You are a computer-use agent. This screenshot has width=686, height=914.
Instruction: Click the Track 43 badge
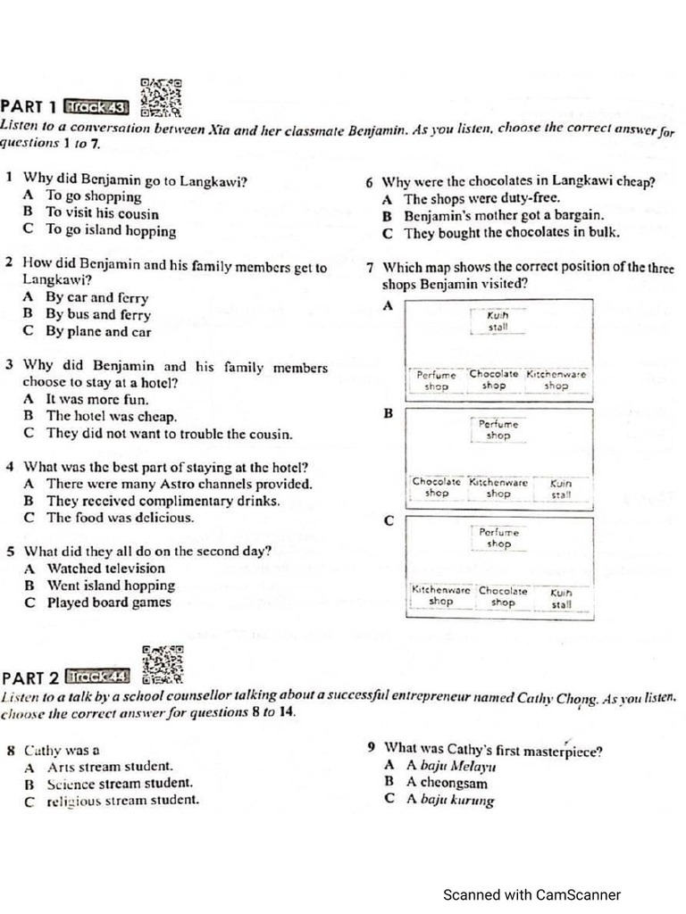pyautogui.click(x=99, y=108)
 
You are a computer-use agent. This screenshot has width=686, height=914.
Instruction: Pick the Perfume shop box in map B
pyautogui.click(x=498, y=430)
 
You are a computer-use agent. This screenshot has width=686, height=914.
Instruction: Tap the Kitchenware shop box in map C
pyautogui.click(x=440, y=596)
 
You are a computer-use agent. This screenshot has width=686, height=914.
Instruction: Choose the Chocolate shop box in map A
pyautogui.click(x=493, y=380)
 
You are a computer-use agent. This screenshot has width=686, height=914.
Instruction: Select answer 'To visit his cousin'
pyautogui.click(x=102, y=214)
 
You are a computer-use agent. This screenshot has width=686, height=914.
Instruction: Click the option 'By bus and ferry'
pyautogui.click(x=98, y=315)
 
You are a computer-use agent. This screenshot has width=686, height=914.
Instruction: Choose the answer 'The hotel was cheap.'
pyautogui.click(x=111, y=417)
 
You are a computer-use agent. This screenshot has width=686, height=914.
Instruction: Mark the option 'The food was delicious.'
pyautogui.click(x=119, y=518)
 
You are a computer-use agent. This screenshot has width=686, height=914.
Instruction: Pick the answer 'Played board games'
pyautogui.click(x=108, y=602)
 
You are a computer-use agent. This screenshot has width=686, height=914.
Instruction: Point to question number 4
pyautogui.click(x=8, y=467)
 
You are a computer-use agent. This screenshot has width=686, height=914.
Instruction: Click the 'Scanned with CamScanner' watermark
pyautogui.click(x=531, y=895)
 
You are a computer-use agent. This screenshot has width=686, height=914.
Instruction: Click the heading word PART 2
pyautogui.click(x=31, y=676)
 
